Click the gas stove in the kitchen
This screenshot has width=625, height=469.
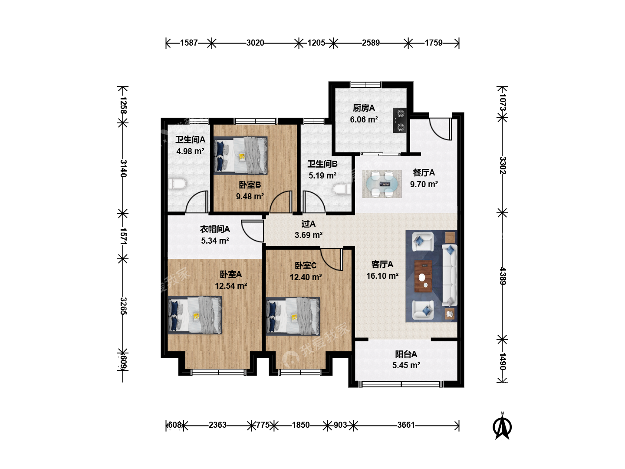(400, 120)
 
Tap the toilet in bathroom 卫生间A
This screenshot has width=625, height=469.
(177, 184)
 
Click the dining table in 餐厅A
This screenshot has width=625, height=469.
(382, 184)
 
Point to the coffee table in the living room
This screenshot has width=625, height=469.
(423, 276)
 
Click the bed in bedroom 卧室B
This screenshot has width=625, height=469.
(240, 155)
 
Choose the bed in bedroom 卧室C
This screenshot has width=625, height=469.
(293, 317)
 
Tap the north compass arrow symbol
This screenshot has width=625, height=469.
(502, 426)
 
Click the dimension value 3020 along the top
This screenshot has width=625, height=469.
(255, 43)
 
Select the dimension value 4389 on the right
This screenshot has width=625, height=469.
(503, 276)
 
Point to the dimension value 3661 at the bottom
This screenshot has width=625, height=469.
(406, 425)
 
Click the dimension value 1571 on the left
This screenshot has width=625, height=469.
(123, 236)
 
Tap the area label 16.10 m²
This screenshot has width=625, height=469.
(382, 276)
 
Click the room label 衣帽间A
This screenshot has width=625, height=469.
(215, 229)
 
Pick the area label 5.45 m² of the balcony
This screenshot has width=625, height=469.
(406, 365)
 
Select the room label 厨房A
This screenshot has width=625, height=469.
(364, 108)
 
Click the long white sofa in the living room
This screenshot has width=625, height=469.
(450, 275)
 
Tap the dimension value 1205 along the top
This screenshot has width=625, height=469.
(316, 43)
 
